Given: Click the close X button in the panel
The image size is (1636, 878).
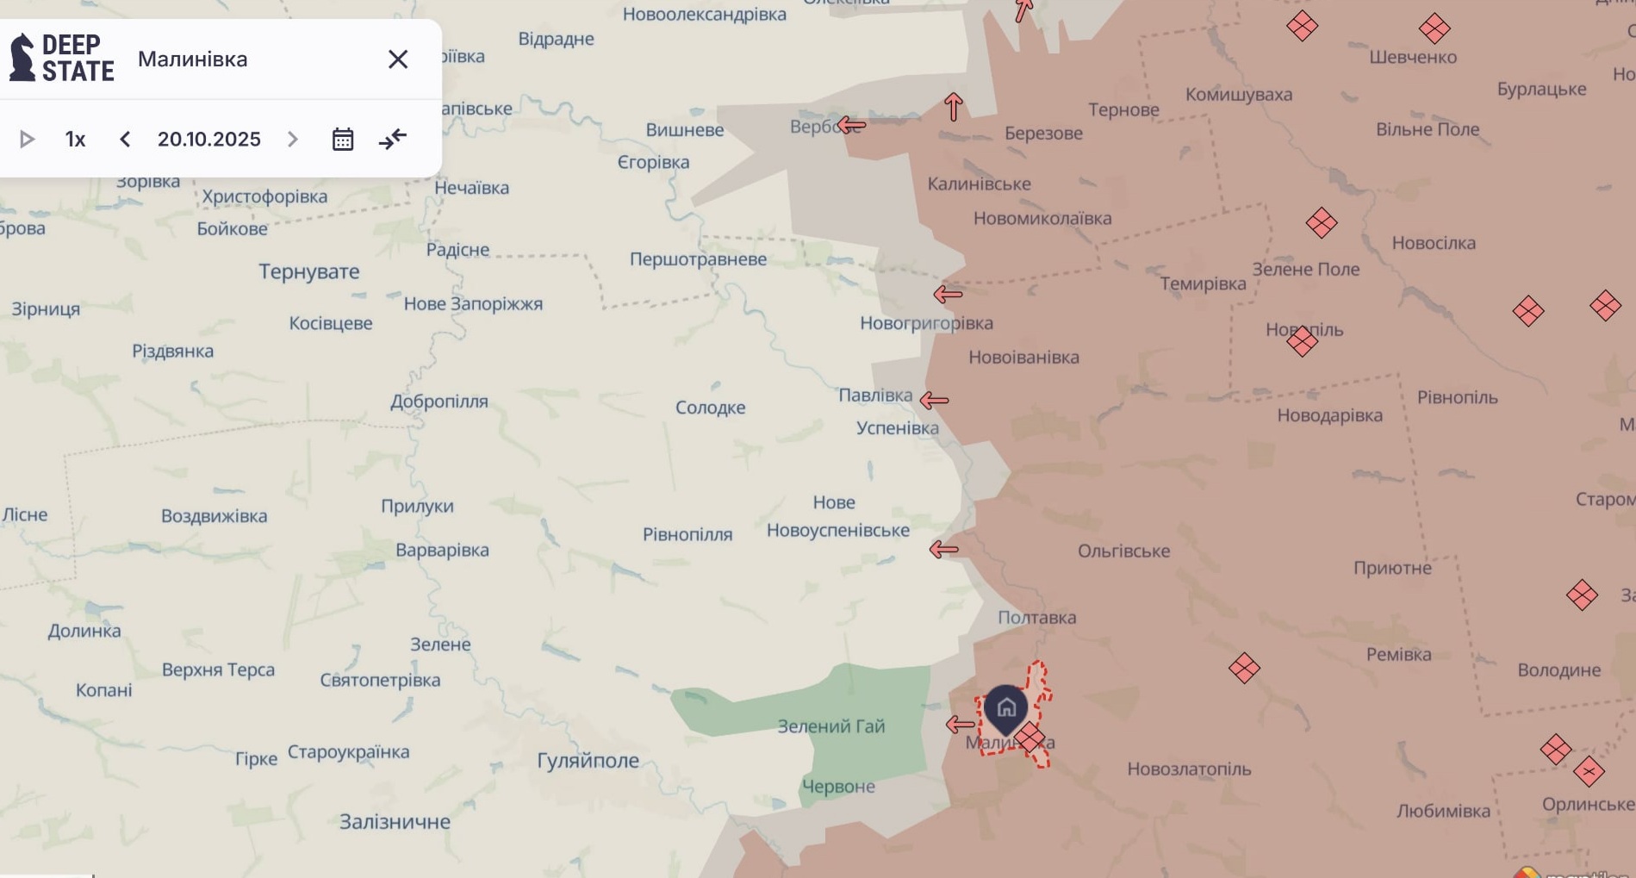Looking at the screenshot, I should click(x=397, y=59).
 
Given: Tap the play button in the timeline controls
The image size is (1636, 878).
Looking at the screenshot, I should click(x=27, y=139).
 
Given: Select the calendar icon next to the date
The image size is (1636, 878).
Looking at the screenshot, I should click(x=343, y=139).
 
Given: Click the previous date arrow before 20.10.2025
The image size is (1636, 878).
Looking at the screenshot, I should click(x=125, y=139).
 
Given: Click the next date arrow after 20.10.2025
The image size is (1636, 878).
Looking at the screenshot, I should click(x=293, y=139).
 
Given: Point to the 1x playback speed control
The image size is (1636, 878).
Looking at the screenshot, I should click(x=76, y=139).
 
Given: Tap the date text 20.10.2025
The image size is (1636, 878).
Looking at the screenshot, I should click(x=208, y=139).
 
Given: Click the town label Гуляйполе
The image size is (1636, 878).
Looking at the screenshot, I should click(x=588, y=760).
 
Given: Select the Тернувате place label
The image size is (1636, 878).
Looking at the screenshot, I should click(x=309, y=271).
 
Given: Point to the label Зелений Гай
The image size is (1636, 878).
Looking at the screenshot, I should click(x=830, y=726).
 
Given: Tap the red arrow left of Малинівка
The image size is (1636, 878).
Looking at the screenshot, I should click(x=959, y=725).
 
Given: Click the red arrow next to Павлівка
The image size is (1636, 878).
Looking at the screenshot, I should click(x=934, y=400).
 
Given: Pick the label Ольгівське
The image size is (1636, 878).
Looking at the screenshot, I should click(x=1123, y=551).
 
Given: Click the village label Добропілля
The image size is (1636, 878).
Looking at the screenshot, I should click(x=439, y=402).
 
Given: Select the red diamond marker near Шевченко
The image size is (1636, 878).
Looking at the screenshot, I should click(x=1434, y=29).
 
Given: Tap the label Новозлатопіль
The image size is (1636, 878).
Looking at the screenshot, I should click(x=1189, y=769).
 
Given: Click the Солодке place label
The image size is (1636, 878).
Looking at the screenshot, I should click(x=710, y=408).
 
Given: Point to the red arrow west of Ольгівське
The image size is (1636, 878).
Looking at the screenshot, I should click(x=944, y=549).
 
